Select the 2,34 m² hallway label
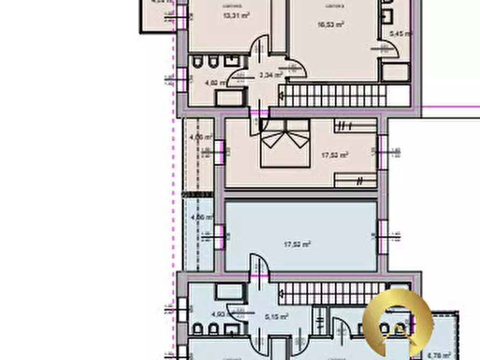pyautogui.click(x=270, y=76)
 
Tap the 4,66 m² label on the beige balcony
pyautogui.click(x=201, y=138)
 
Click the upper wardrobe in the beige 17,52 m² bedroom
pyautogui.click(x=355, y=127)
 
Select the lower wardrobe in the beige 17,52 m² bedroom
pyautogui.click(x=355, y=180)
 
